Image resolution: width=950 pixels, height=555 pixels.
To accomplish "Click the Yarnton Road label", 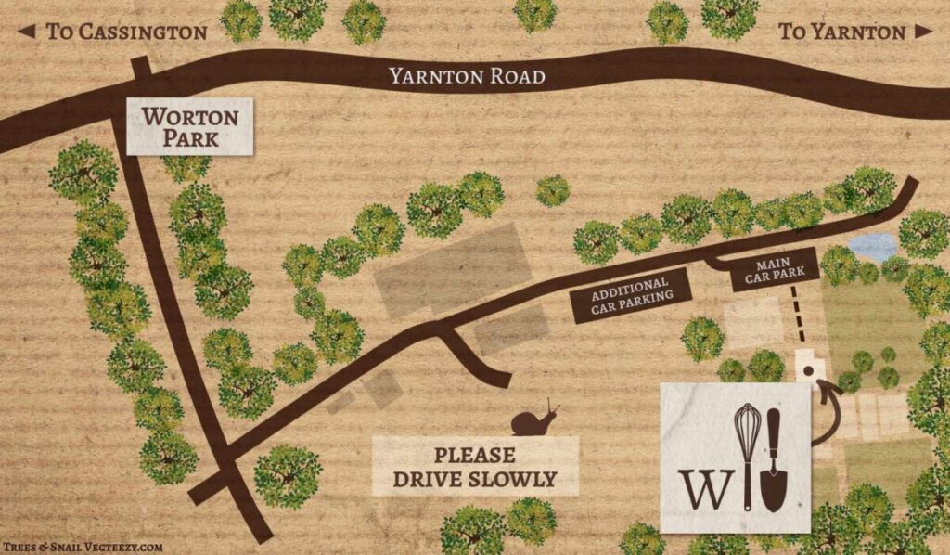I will click(467, 76).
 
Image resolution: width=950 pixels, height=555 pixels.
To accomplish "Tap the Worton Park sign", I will click(189, 128).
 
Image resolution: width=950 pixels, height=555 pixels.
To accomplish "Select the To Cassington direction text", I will click(126, 32).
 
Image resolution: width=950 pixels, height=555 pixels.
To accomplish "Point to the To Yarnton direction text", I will click(841, 32).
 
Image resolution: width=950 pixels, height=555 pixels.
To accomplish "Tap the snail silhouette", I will click(535, 420).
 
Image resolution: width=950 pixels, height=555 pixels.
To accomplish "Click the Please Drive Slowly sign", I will click(474, 467).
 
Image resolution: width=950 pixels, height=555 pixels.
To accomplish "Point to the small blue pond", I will click(874, 247).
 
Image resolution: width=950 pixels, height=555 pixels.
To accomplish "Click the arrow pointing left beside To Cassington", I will click(27, 32).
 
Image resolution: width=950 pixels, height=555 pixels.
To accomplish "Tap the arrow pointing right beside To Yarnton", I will click(922, 32).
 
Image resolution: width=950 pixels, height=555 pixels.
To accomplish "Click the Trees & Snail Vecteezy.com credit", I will click(83, 548).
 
